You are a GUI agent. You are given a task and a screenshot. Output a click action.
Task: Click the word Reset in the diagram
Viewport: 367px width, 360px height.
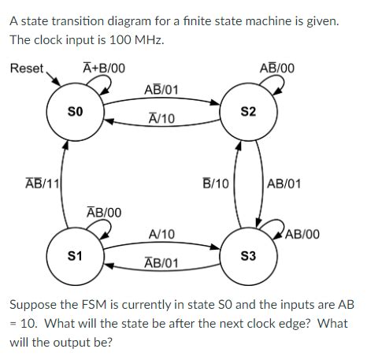coord(27,69)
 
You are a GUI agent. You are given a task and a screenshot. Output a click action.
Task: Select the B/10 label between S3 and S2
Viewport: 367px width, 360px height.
coord(215,184)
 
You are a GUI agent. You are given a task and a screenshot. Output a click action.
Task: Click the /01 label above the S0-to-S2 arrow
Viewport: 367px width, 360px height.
coord(161,89)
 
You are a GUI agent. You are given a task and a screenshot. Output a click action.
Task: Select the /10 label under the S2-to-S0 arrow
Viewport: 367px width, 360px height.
coord(161,119)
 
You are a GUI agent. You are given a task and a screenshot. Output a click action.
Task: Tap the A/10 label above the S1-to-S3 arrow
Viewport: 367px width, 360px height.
coord(161,234)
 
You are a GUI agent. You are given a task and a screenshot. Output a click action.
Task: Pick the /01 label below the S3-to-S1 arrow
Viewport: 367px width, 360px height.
coord(161,262)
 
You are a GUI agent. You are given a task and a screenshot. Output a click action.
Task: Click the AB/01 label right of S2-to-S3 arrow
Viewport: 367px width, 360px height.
coord(284,184)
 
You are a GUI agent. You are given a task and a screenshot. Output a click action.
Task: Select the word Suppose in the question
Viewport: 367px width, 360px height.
coord(33,304)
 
